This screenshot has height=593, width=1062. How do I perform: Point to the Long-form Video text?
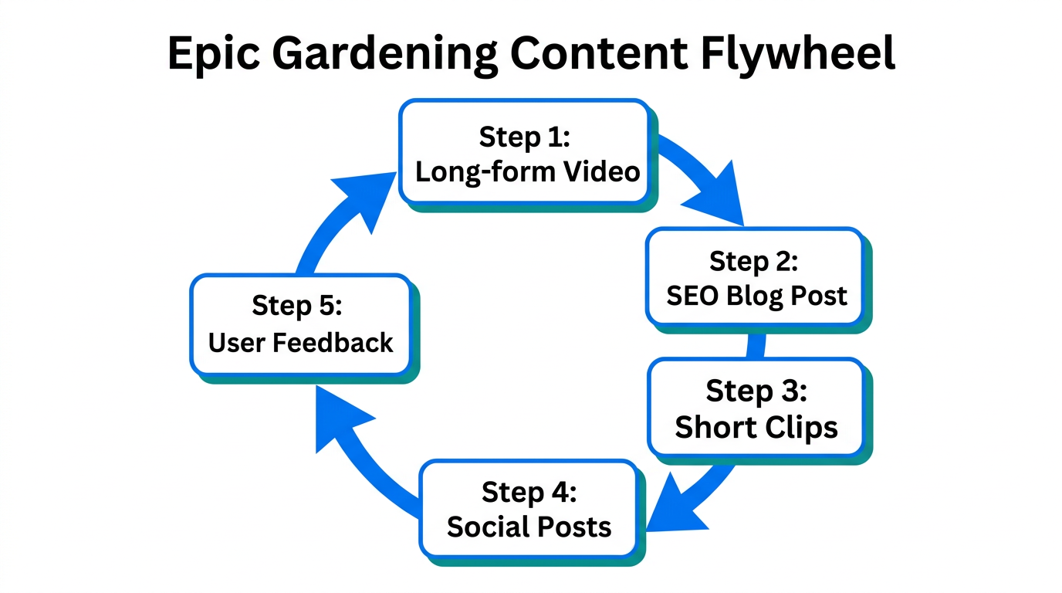click(x=528, y=171)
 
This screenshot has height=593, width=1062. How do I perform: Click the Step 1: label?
click(x=524, y=137)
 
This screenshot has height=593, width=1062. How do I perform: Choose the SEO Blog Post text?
click(x=756, y=296)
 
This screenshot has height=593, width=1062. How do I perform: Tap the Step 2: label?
click(x=753, y=261)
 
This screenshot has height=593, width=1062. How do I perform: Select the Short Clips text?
click(x=756, y=427)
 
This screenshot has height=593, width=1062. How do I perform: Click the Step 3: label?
click(x=756, y=391)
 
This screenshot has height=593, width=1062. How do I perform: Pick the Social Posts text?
click(x=529, y=527)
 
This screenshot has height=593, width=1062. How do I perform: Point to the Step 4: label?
click(x=529, y=492)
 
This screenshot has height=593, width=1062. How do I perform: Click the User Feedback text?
click(x=301, y=342)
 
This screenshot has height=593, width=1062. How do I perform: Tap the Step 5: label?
click(x=296, y=307)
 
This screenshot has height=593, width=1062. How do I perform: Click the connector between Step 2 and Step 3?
click(x=755, y=346)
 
